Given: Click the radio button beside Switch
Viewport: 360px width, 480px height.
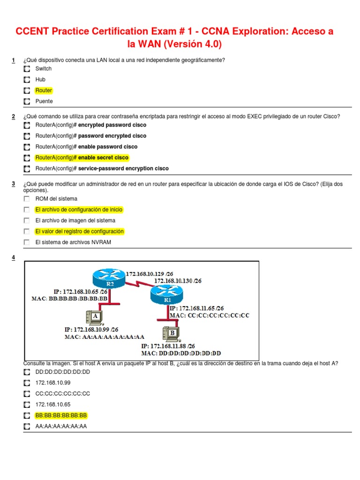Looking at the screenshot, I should coord(27,69).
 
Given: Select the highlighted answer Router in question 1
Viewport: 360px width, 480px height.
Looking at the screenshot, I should coord(44,90).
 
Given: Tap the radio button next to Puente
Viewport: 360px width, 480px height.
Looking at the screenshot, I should coord(27,101).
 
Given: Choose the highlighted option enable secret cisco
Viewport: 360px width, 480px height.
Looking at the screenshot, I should coord(82,157).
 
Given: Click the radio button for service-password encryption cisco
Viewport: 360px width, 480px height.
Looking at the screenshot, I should coord(27,169).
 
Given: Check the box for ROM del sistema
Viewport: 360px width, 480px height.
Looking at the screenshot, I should coord(27,199).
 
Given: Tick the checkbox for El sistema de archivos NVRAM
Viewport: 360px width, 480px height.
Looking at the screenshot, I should coord(27,242).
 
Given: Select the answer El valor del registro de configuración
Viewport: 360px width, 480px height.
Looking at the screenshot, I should coord(79,232).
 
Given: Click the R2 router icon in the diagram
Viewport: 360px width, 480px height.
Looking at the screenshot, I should coord(109,277).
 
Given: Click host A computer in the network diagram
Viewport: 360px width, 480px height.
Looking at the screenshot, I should coord(93,319).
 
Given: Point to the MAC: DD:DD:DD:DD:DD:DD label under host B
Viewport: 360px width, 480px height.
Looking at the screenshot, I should coord(181,353).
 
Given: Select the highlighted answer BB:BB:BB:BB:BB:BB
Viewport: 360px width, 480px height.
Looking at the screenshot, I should coord(61,415).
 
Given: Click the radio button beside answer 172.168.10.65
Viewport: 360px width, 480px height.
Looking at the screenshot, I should coord(27,405).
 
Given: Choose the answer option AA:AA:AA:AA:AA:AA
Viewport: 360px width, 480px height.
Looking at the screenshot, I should coord(61,427).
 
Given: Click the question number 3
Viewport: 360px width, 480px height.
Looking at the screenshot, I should coord(14,184).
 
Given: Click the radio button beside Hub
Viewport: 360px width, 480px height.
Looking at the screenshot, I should coord(27,80).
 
